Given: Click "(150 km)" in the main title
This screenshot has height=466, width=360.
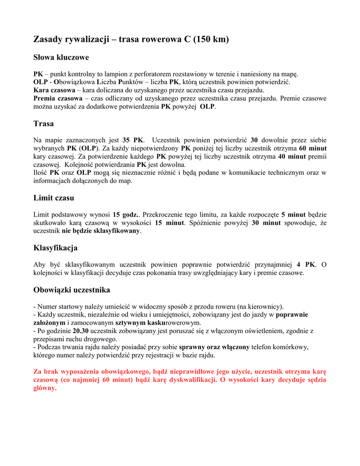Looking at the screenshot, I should pyautogui.click(x=211, y=40).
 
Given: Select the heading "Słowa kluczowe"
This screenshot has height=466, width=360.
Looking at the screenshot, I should pyautogui.click(x=61, y=57).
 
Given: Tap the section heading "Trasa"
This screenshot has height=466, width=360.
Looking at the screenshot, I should pyautogui.click(x=44, y=123).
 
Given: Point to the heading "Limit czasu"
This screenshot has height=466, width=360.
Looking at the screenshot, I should pyautogui.click(x=54, y=198).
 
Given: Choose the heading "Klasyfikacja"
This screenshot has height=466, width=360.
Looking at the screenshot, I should pyautogui.click(x=56, y=248).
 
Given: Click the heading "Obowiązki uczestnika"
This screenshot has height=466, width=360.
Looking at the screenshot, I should pyautogui.click(x=72, y=290).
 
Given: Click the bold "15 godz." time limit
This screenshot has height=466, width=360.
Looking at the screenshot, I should pyautogui.click(x=125, y=215).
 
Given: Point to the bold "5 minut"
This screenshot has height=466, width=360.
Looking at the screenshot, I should pyautogui.click(x=294, y=215).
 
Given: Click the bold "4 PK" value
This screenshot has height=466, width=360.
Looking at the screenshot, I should pyautogui.click(x=306, y=265).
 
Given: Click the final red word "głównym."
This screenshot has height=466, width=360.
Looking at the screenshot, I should pyautogui.click(x=45, y=388).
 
